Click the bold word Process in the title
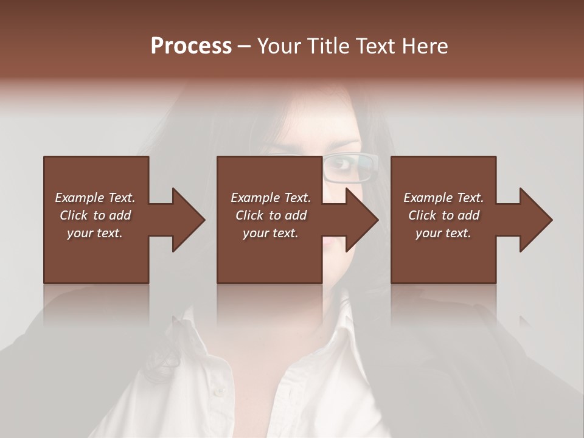[x=191, y=46]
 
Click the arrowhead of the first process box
[x=189, y=220]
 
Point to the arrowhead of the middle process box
[x=362, y=220]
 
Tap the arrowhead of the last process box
[x=536, y=220]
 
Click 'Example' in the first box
[x=80, y=198]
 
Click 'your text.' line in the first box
[x=95, y=233]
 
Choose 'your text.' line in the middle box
[x=270, y=233]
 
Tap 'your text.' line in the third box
[x=443, y=233]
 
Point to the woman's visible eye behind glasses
[x=344, y=164]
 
